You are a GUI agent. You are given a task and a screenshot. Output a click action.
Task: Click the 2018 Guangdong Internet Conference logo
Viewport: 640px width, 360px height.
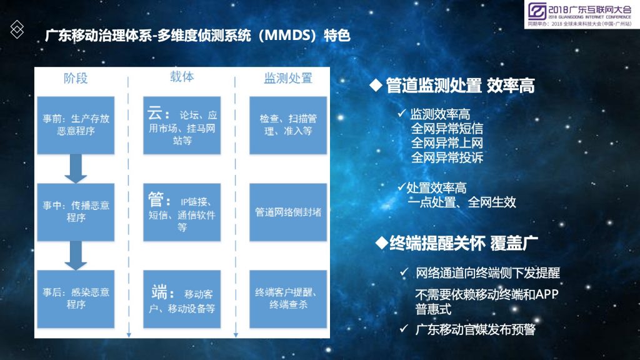[x=579, y=14]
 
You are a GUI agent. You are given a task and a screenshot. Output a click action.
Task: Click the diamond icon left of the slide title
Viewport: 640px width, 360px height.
[x=17, y=29]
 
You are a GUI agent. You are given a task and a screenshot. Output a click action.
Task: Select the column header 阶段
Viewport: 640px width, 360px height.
[x=76, y=78]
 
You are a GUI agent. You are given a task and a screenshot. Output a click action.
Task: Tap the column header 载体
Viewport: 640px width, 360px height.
[x=182, y=77]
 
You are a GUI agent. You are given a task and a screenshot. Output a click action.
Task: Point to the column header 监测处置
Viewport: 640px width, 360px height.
[x=288, y=78]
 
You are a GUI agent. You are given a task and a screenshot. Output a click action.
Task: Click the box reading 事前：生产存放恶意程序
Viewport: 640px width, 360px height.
[x=76, y=125]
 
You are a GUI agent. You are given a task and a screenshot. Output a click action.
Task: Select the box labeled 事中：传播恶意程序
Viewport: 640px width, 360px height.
[x=76, y=212]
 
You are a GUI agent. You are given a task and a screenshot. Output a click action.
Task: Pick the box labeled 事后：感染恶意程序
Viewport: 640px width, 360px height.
[x=76, y=299]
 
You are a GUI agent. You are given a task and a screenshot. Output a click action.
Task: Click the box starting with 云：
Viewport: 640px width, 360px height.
[x=182, y=125]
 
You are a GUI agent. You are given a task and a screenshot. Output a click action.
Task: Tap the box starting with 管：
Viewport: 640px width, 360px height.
[x=182, y=212]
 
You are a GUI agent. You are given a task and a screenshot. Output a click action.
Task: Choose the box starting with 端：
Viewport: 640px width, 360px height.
[x=182, y=299]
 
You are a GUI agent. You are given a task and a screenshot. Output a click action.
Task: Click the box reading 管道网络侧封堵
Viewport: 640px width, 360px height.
[x=288, y=212]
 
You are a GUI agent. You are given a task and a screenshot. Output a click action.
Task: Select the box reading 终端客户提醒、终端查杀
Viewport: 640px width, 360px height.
[x=288, y=299]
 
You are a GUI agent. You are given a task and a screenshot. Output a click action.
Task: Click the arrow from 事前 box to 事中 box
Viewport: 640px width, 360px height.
[x=76, y=169]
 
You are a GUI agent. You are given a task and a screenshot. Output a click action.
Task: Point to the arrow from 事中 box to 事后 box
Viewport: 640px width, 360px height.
[x=76, y=256]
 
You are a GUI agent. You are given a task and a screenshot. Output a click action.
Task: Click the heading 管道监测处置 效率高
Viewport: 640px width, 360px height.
[x=452, y=86]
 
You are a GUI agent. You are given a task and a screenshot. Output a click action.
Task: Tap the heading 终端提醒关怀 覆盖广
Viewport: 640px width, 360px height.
[x=457, y=243]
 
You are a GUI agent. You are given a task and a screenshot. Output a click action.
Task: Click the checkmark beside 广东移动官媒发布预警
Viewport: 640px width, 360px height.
[x=404, y=329]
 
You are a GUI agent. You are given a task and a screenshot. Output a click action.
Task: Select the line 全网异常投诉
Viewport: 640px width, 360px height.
[x=447, y=157]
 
